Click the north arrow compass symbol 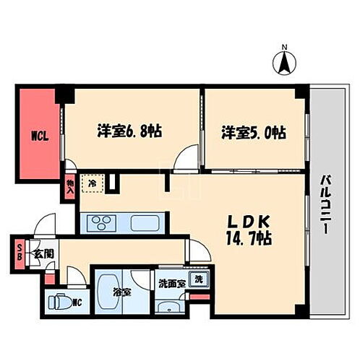click(x=284, y=61)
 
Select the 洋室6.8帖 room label click(x=129, y=132)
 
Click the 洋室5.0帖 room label click(x=252, y=132)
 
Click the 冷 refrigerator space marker click(x=92, y=183)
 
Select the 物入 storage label click(x=69, y=190)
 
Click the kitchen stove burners click(x=103, y=222)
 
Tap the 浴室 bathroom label click(x=121, y=293)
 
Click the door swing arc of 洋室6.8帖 click(x=187, y=155)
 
